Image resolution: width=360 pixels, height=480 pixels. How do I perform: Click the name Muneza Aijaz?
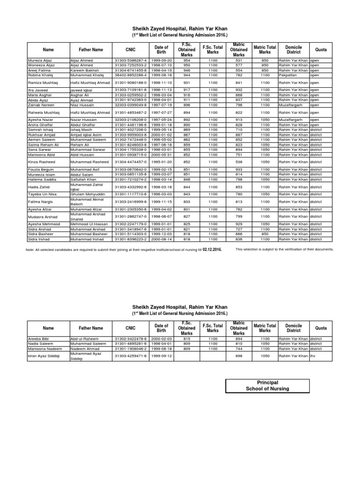[x=39, y=60]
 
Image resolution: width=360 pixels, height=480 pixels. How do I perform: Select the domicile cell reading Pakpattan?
[x=288, y=75]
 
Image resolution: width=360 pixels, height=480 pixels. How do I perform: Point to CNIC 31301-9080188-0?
[x=131, y=82]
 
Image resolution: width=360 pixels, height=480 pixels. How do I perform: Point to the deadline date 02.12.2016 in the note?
[x=211, y=249]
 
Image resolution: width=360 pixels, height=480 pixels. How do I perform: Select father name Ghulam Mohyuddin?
[x=86, y=194]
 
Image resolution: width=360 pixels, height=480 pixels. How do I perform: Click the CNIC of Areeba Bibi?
[x=131, y=338]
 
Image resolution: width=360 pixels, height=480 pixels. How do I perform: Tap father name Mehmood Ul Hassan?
[x=89, y=225]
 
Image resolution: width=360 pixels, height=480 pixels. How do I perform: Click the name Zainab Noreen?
[x=41, y=105]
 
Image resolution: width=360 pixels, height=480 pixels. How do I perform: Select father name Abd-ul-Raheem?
[x=84, y=338]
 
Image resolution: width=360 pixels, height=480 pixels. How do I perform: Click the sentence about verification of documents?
[x=285, y=249]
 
